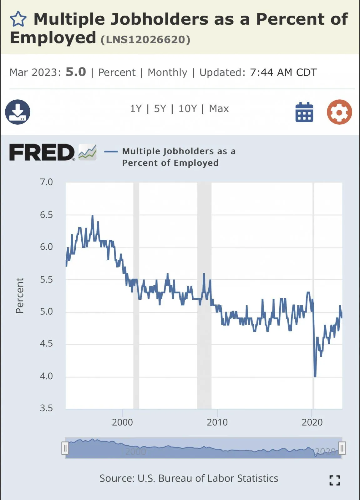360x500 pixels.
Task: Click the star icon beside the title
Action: pyautogui.click(x=18, y=19)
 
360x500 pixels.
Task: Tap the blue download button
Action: pyautogui.click(x=18, y=112)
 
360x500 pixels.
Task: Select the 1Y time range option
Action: pyautogui.click(x=136, y=109)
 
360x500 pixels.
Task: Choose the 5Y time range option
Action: pyautogui.click(x=160, y=109)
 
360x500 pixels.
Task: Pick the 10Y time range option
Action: pyautogui.click(x=188, y=109)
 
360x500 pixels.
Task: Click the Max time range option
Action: pyautogui.click(x=219, y=109)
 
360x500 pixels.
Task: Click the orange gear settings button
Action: pyautogui.click(x=339, y=112)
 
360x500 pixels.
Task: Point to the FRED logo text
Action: pyautogui.click(x=42, y=152)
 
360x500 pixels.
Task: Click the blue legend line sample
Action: pyautogui.click(x=111, y=152)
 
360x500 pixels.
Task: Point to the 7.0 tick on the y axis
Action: pyautogui.click(x=46, y=182)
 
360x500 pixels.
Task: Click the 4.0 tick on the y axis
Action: pyautogui.click(x=46, y=376)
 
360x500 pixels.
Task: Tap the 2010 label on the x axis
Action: pyautogui.click(x=217, y=422)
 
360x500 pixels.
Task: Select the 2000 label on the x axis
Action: pyautogui.click(x=122, y=422)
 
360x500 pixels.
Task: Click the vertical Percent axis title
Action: pyautogui.click(x=19, y=296)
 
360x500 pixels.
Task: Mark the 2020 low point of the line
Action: pyautogui.click(x=315, y=376)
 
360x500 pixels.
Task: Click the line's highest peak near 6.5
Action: pyautogui.click(x=93, y=216)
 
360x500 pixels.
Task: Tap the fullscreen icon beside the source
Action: pyautogui.click(x=335, y=480)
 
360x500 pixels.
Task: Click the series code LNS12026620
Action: pyautogui.click(x=145, y=40)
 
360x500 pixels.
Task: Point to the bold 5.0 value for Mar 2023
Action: pyautogui.click(x=76, y=72)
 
